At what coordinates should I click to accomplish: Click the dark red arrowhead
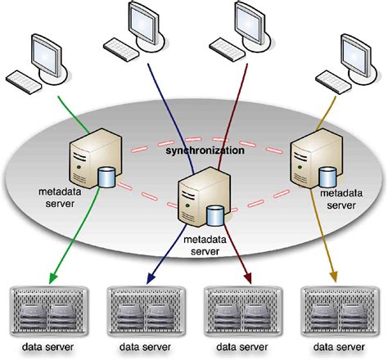(x=246, y=276)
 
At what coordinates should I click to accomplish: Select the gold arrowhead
(x=336, y=276)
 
